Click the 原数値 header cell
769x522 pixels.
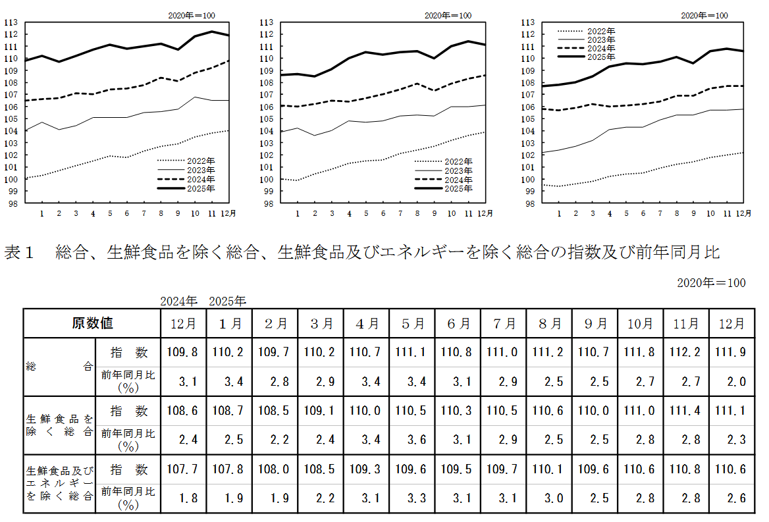(x=92, y=323)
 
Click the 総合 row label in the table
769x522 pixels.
(x=59, y=367)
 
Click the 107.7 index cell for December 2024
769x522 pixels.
(x=184, y=470)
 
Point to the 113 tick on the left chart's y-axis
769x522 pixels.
(x=11, y=22)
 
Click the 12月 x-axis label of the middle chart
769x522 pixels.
(x=485, y=213)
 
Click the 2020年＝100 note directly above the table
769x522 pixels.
(x=711, y=282)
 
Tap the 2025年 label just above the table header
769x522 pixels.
(x=228, y=301)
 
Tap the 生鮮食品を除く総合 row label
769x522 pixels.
(x=59, y=425)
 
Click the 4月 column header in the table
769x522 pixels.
(x=367, y=323)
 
